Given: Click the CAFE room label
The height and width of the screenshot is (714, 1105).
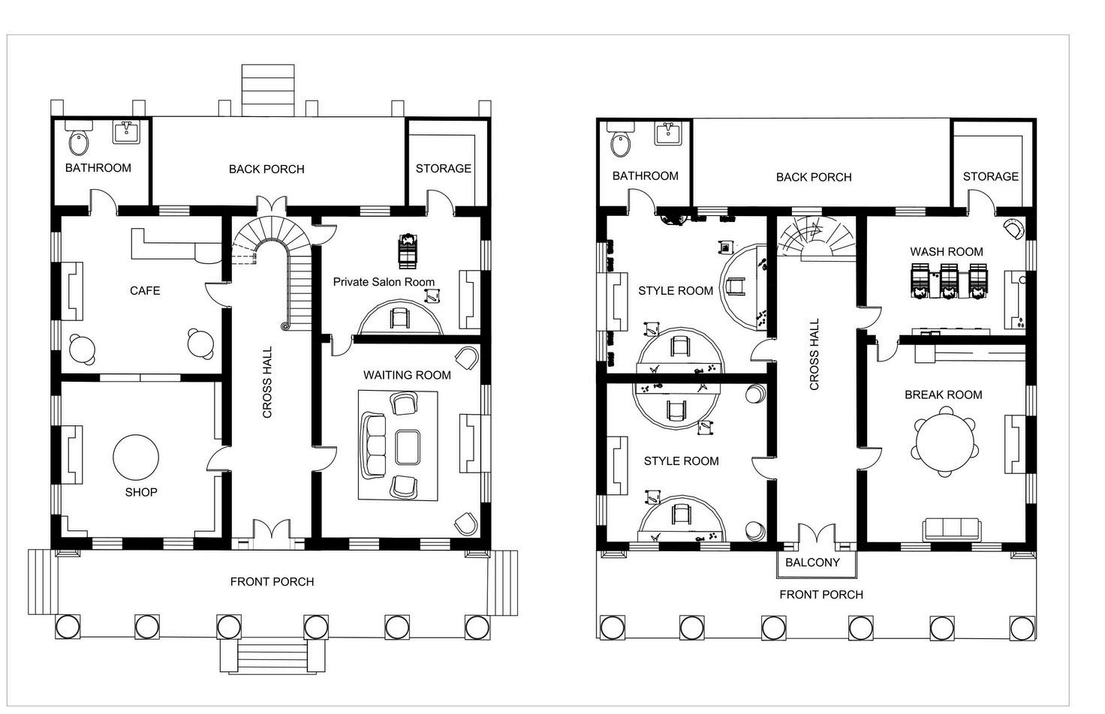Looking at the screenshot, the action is [145, 291].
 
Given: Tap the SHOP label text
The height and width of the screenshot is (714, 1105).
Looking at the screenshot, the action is [141, 492].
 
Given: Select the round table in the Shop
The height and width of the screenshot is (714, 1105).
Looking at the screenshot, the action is [136, 457].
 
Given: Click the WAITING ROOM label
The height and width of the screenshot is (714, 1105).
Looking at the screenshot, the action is [407, 375].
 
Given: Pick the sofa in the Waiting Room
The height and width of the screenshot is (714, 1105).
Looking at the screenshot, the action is [373, 446].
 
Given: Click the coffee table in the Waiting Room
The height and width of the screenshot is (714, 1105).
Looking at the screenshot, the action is [408, 447].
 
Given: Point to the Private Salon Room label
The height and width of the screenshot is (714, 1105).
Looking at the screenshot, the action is [384, 282].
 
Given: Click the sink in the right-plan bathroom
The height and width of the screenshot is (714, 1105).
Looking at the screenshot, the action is [668, 133].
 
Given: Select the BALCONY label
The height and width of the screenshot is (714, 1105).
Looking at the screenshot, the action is [812, 562].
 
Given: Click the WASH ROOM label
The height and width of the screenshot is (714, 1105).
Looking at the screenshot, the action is [946, 252].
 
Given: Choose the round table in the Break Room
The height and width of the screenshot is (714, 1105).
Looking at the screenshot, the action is [944, 442].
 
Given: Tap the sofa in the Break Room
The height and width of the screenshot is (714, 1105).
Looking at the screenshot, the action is [952, 529].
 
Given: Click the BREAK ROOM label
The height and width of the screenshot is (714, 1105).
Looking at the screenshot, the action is [943, 394].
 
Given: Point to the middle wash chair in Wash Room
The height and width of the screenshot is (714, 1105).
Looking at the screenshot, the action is [948, 280].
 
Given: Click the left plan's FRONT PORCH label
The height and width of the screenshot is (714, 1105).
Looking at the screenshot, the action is [272, 581].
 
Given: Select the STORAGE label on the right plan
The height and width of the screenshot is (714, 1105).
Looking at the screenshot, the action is [991, 176].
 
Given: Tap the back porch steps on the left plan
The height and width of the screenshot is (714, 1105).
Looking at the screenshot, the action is [268, 90].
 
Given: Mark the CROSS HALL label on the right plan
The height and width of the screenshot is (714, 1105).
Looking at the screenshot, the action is [814, 354].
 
